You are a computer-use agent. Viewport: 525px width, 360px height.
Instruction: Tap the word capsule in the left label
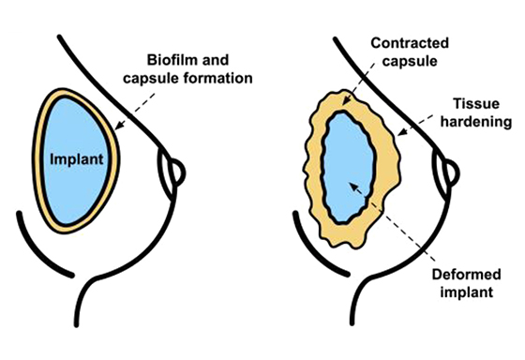coord(166,77)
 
